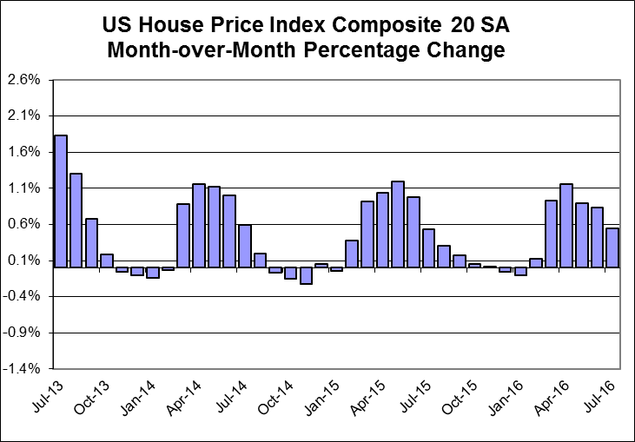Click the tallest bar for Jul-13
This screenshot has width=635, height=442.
tap(61, 201)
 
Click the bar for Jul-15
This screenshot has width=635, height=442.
tap(428, 248)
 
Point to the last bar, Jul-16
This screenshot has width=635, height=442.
tap(612, 247)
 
